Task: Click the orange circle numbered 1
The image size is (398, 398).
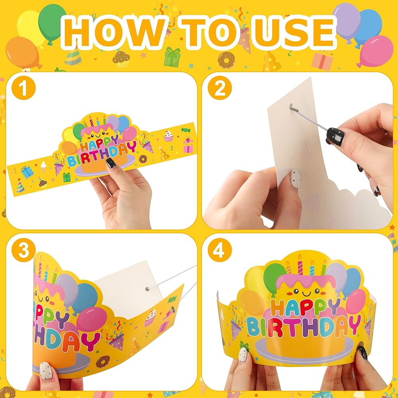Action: (x=23, y=88)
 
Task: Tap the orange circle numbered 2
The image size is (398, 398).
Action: (x=220, y=88)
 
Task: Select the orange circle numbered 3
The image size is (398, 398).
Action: (x=23, y=250)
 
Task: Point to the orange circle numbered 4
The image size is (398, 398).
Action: (x=220, y=250)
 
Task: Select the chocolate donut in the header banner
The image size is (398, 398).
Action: (x=226, y=60)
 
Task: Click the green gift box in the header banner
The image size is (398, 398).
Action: (x=172, y=57)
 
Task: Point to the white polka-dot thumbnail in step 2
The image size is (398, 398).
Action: (x=295, y=179)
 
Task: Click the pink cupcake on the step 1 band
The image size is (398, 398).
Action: (x=168, y=136)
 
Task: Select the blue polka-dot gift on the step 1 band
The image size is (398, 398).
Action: (x=27, y=172)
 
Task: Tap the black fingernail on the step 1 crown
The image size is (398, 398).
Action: (x=111, y=163)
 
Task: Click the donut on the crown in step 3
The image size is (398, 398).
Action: (x=103, y=361)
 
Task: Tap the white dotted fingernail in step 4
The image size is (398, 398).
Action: (x=243, y=355)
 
